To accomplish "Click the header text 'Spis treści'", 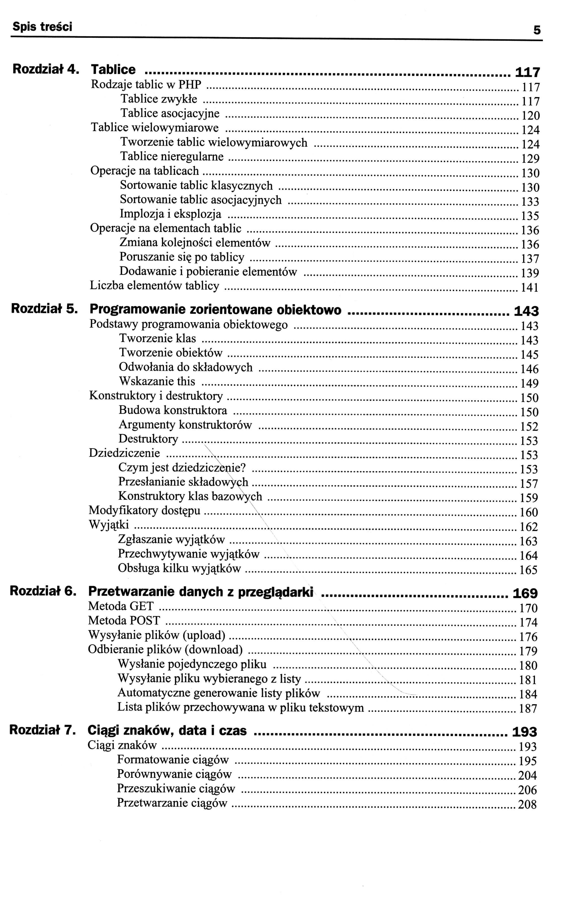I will coord(42,27).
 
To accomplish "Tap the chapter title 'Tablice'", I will coord(113,70).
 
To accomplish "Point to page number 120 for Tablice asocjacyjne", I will coord(531,115).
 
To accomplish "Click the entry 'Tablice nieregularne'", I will coord(172,156).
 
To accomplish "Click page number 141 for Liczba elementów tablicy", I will coord(530,288).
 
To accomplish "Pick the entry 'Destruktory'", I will coord(148,439).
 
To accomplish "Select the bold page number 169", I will coord(525,594).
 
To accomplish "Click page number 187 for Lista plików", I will coord(528,709).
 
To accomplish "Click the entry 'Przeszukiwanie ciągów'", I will coord(176,789).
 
